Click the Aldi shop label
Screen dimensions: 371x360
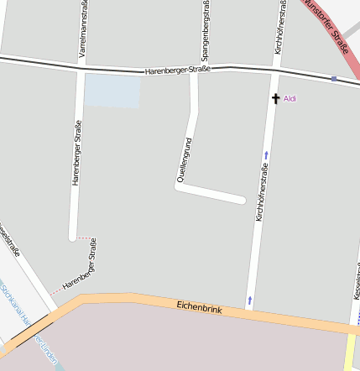point(290,98)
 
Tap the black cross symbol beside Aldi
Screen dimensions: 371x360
point(275,98)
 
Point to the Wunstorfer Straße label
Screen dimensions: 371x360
point(327,25)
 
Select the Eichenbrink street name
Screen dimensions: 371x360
point(199,309)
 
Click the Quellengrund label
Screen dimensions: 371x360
point(184,159)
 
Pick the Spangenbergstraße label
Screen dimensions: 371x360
point(205,30)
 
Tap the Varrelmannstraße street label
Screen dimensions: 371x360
point(82,30)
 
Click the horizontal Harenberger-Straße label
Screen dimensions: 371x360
point(177,71)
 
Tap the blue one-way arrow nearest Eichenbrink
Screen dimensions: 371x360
point(249,299)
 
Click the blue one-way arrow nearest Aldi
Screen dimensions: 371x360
point(266,154)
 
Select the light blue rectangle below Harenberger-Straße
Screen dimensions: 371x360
point(112,91)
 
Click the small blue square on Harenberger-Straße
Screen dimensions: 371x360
point(334,79)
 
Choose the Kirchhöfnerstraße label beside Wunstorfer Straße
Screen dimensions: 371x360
point(279,29)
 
